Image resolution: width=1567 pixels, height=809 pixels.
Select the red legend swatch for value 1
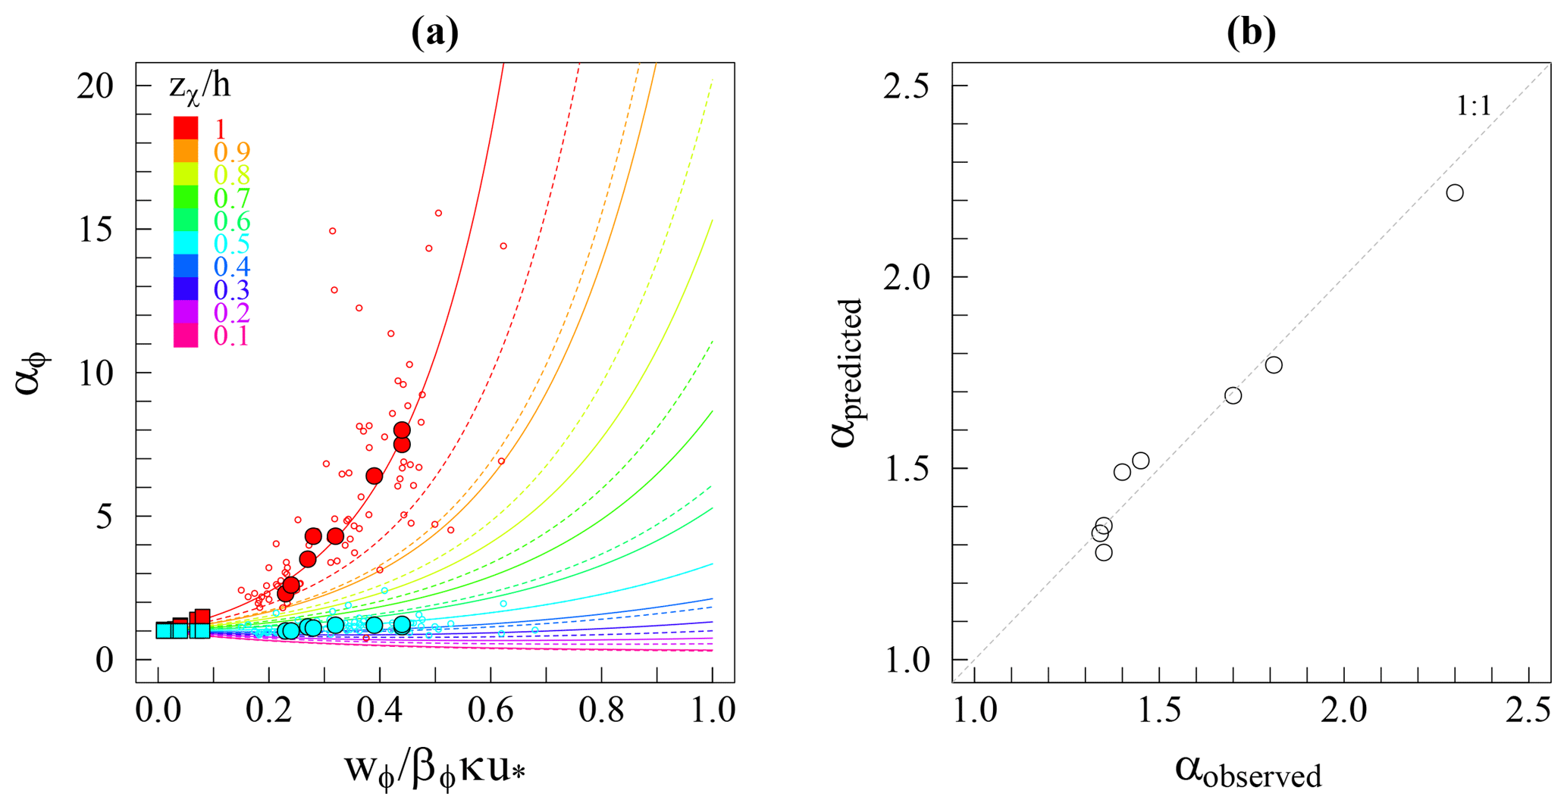point(186,128)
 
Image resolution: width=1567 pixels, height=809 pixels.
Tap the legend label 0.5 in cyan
point(232,244)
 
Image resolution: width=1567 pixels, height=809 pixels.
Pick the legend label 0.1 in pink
point(232,336)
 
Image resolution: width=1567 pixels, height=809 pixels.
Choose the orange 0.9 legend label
point(232,151)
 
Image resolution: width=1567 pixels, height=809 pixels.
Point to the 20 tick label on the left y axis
point(96,86)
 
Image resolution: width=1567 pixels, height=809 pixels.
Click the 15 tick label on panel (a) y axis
point(96,230)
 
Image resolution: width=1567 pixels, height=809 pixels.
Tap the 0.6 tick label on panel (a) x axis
point(490,711)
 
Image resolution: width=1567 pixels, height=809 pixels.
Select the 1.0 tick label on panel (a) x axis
point(712,711)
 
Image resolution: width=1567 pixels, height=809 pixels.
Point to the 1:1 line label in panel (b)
point(1473,107)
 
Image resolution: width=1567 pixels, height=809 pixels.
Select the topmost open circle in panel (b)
point(1454,193)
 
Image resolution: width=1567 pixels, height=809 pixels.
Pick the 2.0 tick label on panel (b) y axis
point(907,277)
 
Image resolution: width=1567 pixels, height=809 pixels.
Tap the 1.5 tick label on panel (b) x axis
point(1159,711)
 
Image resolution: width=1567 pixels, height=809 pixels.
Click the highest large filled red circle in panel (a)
point(402,430)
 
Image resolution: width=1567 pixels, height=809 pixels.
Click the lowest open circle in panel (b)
point(1104,552)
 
